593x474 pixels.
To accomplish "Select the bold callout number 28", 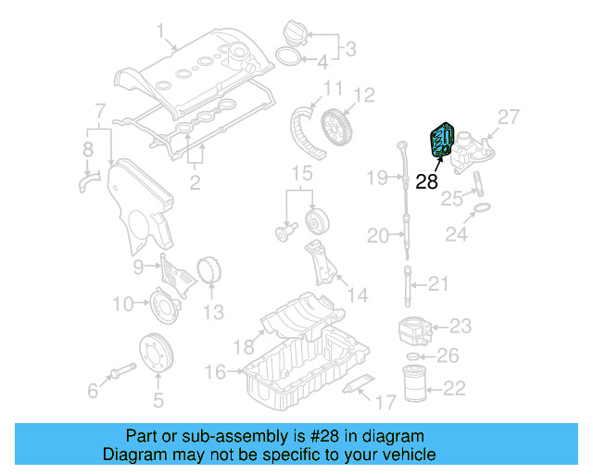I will click(x=426, y=182).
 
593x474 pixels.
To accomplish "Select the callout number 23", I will click(x=461, y=326).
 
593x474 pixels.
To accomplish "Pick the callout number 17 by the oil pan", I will click(x=385, y=401).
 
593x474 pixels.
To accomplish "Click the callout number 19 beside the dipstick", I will click(x=376, y=177).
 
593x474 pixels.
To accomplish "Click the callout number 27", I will click(x=510, y=117).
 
